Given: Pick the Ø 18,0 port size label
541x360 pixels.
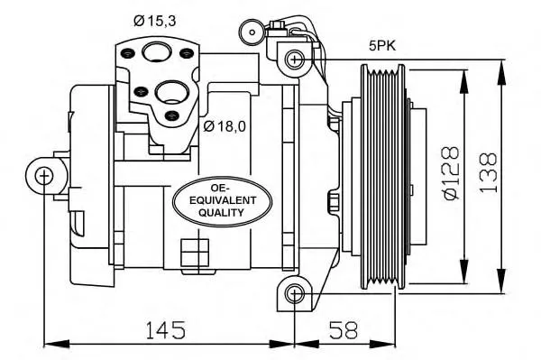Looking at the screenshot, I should coord(225,125).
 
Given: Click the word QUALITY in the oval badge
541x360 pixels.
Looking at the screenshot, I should coord(215,213).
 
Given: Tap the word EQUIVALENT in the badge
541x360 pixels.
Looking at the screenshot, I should coord(215,200).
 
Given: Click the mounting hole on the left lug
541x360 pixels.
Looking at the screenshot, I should coord(43,174).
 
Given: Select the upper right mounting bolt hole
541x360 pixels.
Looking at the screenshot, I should coord(294,60).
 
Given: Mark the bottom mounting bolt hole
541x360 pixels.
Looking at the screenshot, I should coord(294,293).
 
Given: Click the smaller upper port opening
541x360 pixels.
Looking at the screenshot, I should coord(158,52).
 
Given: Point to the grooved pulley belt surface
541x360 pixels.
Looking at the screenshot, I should coord(378,175).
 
